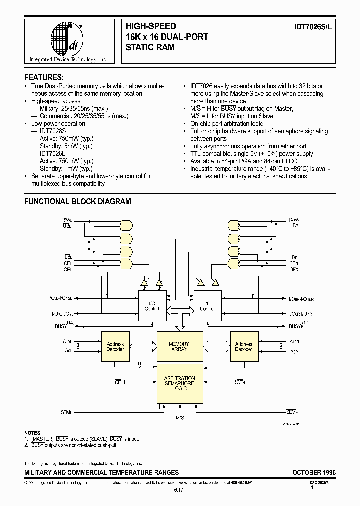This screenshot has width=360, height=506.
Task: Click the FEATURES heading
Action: pyautogui.click(x=44, y=77)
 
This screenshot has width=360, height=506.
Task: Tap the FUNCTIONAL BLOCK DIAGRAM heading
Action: pyautogui.click(x=78, y=202)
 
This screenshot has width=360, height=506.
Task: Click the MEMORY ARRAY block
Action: pyautogui.click(x=179, y=346)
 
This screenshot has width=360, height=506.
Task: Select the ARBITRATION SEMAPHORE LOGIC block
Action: pyautogui.click(x=179, y=383)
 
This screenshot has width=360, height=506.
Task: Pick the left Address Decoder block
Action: pyautogui.click(x=115, y=346)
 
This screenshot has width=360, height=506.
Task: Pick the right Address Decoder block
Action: pyautogui.click(x=243, y=346)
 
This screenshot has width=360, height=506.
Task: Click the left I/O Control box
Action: pyautogui.click(x=152, y=305)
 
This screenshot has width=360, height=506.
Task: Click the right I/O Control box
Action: pyautogui.click(x=207, y=305)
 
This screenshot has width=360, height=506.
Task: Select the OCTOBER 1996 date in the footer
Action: pyautogui.click(x=314, y=472)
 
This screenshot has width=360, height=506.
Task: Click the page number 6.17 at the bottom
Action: pyautogui.click(x=179, y=491)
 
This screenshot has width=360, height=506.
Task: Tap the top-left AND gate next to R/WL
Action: pyautogui.click(x=127, y=224)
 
